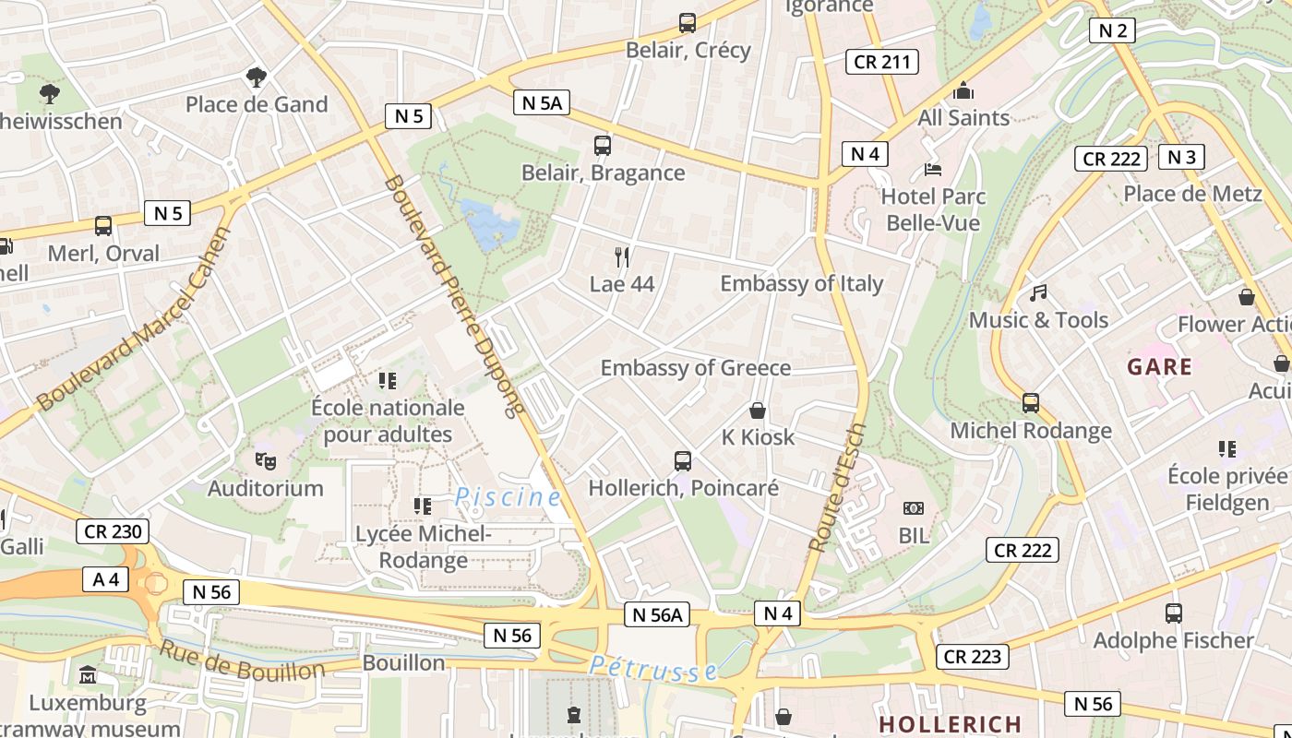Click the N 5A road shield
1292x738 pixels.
(x=542, y=102)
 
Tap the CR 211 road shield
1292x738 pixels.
(x=881, y=62)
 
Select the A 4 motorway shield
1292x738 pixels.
(x=106, y=579)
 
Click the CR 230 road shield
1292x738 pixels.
(x=113, y=530)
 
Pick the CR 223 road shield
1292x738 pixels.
(x=973, y=657)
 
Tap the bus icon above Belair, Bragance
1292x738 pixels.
(x=603, y=145)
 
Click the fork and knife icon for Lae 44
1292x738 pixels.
(x=622, y=256)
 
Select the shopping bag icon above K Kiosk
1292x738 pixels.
(x=758, y=410)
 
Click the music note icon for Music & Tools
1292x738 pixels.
(x=1038, y=293)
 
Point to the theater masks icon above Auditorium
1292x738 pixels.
(x=265, y=459)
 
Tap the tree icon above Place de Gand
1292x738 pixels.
(x=256, y=77)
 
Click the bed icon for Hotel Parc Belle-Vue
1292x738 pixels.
(x=933, y=170)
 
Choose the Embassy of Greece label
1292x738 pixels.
(x=696, y=368)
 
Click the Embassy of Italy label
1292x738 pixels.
(x=801, y=283)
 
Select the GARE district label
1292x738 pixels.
(x=1159, y=366)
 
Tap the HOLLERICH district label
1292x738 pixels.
(x=950, y=724)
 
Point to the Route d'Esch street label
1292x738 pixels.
(x=836, y=488)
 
